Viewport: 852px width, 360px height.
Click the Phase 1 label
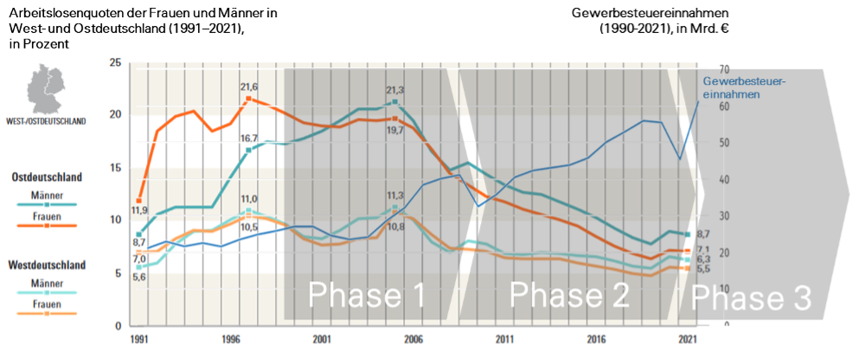(368, 296)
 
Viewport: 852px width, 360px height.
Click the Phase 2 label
(568, 296)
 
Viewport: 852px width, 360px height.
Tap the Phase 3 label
(751, 299)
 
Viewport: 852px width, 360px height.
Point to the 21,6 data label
(250, 87)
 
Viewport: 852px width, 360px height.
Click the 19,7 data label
(395, 130)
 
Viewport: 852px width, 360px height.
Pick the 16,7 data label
(250, 138)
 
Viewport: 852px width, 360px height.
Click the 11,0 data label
(250, 199)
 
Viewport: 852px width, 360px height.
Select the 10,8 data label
(395, 227)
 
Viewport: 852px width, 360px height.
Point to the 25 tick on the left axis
(115, 62)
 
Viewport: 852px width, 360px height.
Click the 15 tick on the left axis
(115, 168)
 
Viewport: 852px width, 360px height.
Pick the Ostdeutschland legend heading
(47, 177)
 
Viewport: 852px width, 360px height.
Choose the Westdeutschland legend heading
(47, 264)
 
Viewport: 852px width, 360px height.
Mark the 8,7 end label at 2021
(703, 235)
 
